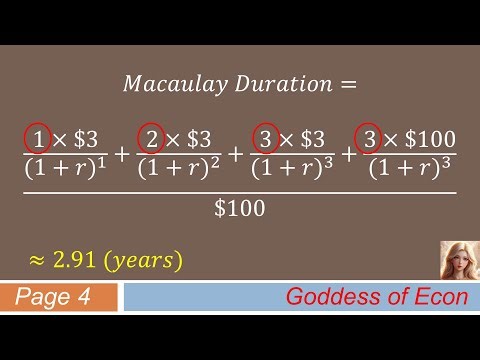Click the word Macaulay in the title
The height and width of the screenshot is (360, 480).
(x=164, y=84)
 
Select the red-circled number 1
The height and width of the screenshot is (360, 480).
(x=38, y=137)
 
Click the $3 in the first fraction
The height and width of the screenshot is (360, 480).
(x=85, y=137)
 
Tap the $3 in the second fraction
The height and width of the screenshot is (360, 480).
(x=199, y=137)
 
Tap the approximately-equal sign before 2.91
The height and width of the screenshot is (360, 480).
(x=36, y=261)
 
